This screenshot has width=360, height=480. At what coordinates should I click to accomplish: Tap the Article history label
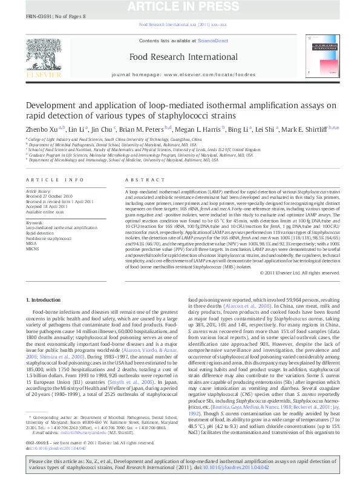[38, 191]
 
